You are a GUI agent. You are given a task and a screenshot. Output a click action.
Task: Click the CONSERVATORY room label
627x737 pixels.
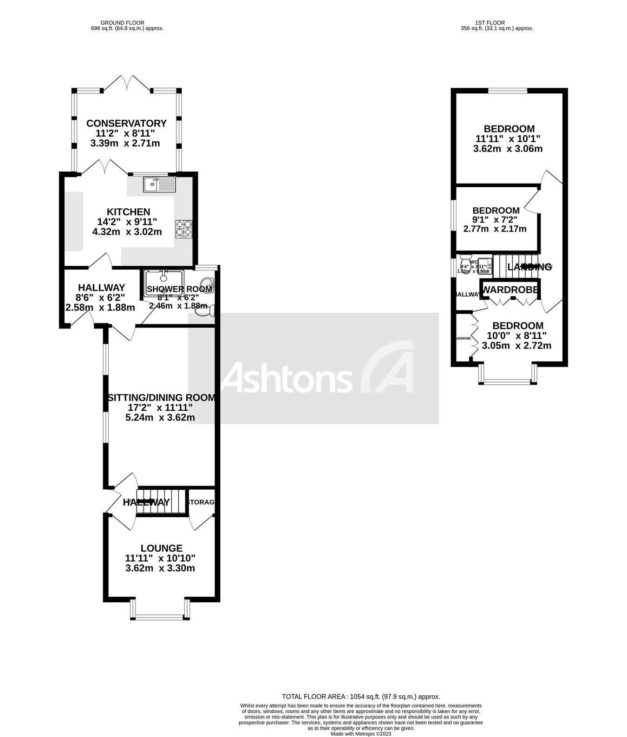[126, 123]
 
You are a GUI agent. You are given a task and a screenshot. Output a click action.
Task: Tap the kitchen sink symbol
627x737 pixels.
[159, 184]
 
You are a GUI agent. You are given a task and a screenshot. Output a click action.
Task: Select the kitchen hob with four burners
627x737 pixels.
[183, 229]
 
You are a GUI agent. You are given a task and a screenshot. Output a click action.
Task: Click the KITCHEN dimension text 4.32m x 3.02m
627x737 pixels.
[127, 231]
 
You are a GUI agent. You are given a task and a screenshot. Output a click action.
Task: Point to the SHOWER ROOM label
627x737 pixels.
[179, 289]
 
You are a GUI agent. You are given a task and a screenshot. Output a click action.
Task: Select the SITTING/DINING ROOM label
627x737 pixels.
[161, 398]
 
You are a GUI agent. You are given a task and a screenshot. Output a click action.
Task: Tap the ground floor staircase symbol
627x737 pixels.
[161, 501]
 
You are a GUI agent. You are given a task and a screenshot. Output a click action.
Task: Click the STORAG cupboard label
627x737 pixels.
[201, 502]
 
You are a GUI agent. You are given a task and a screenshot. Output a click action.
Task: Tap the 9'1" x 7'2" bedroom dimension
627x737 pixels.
[495, 220]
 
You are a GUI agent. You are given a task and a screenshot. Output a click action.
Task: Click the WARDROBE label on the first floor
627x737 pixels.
[510, 290]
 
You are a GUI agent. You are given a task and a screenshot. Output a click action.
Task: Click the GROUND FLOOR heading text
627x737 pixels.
[123, 22]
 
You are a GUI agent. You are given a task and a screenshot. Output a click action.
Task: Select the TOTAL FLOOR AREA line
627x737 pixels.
[360, 697]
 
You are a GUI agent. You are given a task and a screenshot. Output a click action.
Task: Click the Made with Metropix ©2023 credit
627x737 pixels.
[360, 734]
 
